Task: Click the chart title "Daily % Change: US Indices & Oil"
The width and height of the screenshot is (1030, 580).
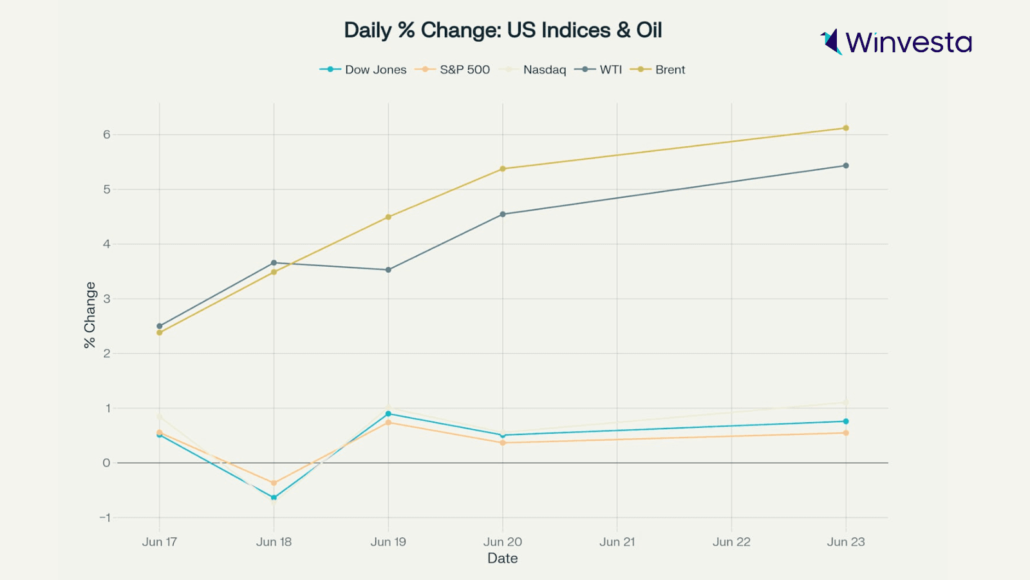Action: pyautogui.click(x=503, y=30)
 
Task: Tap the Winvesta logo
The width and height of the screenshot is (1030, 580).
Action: pyautogui.click(x=896, y=43)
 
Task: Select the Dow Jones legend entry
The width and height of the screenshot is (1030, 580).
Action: pyautogui.click(x=364, y=70)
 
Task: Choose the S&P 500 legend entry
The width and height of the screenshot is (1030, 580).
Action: pyautogui.click(x=453, y=70)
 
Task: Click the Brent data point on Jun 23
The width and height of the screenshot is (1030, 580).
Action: pyautogui.click(x=846, y=128)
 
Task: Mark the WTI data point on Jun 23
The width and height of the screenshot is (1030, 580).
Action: pyautogui.click(x=846, y=166)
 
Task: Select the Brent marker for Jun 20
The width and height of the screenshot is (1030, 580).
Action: pyautogui.click(x=503, y=169)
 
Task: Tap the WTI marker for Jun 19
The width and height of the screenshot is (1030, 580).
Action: pyautogui.click(x=388, y=270)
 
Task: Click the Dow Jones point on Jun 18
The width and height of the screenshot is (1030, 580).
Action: pyautogui.click(x=274, y=498)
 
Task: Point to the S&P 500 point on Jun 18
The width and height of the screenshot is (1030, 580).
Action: pyautogui.click(x=274, y=483)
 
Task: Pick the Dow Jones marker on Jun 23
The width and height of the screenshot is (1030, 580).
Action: pyautogui.click(x=846, y=421)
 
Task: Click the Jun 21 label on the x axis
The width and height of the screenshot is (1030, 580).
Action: pyautogui.click(x=617, y=542)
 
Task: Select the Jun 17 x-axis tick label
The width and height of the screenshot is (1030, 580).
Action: pyautogui.click(x=159, y=542)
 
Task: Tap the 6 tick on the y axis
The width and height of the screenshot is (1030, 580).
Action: pyautogui.click(x=107, y=135)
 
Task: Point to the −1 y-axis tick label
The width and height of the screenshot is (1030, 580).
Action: pyautogui.click(x=105, y=517)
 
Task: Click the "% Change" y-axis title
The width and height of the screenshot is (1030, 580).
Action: pyautogui.click(x=89, y=315)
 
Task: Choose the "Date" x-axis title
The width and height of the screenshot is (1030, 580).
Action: pyautogui.click(x=503, y=558)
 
